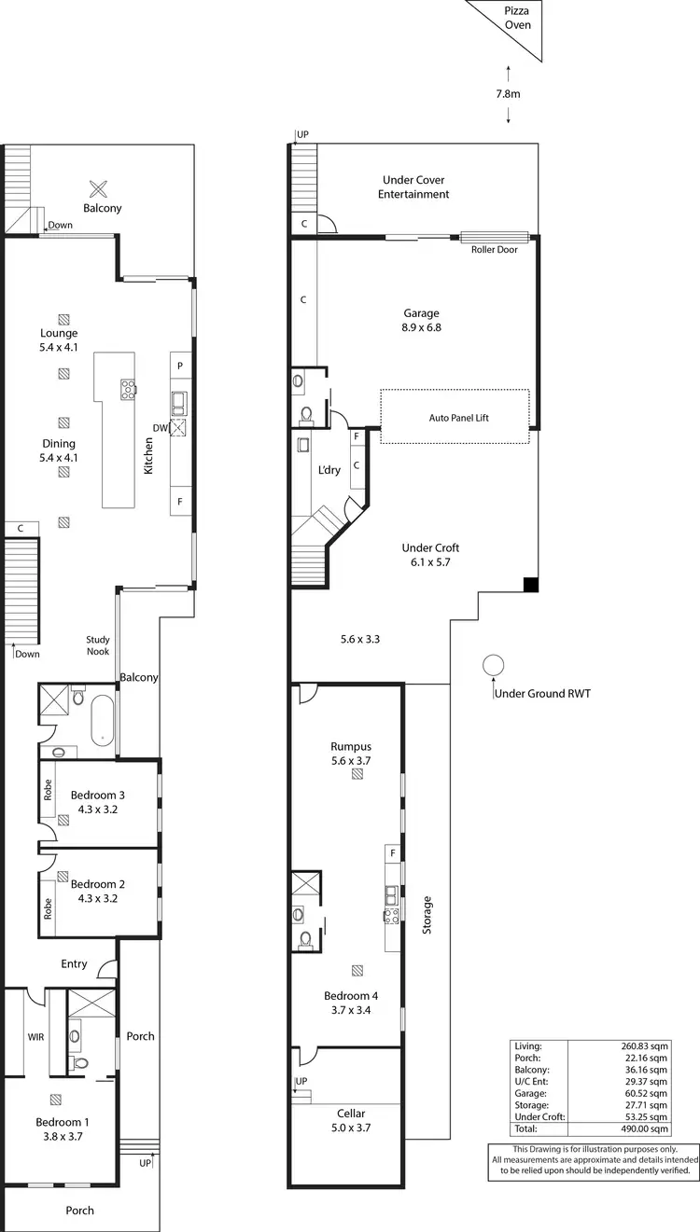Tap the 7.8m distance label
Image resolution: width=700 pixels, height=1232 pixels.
tap(508, 94)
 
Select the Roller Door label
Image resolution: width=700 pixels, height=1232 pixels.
tap(495, 249)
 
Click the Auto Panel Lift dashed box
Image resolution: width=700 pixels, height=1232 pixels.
tap(455, 416)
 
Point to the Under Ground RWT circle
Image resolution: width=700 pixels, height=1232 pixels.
tap(493, 666)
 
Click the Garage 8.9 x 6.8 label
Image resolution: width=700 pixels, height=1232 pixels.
tap(421, 320)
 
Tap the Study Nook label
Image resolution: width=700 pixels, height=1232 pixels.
tap(98, 645)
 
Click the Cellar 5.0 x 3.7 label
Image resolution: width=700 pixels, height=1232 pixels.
tap(351, 1120)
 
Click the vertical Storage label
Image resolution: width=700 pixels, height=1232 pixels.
tap(428, 916)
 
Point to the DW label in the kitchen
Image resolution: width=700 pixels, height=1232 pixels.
tap(161, 427)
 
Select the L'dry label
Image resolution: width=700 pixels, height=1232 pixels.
tap(329, 470)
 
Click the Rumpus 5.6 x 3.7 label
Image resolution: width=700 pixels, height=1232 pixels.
tap(351, 754)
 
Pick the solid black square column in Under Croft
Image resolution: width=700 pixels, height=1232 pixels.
tap(530, 585)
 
